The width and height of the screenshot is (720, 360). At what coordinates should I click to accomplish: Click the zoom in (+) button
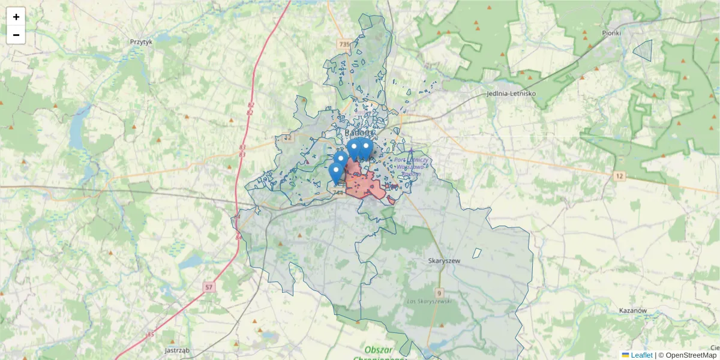pyautogui.click(x=16, y=17)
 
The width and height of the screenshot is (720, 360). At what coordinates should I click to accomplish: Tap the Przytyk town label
pyautogui.click(x=142, y=42)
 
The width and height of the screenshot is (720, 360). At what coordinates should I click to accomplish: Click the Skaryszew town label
pyautogui.click(x=445, y=261)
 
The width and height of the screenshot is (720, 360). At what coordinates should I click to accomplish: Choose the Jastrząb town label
pyautogui.click(x=177, y=349)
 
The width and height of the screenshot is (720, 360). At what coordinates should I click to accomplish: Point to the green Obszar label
pyautogui.click(x=378, y=349)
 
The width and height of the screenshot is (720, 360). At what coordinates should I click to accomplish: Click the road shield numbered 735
pyautogui.click(x=344, y=44)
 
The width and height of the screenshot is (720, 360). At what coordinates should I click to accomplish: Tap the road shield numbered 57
pyautogui.click(x=209, y=287)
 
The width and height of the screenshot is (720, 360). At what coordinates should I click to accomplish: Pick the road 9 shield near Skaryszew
pyautogui.click(x=440, y=293)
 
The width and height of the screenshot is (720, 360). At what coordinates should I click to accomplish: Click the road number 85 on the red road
pyautogui.click(x=150, y=334)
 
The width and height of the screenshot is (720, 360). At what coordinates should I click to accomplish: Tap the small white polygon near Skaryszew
pyautogui.click(x=477, y=253)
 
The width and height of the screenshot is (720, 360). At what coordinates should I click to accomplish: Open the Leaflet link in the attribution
pyautogui.click(x=641, y=355)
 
